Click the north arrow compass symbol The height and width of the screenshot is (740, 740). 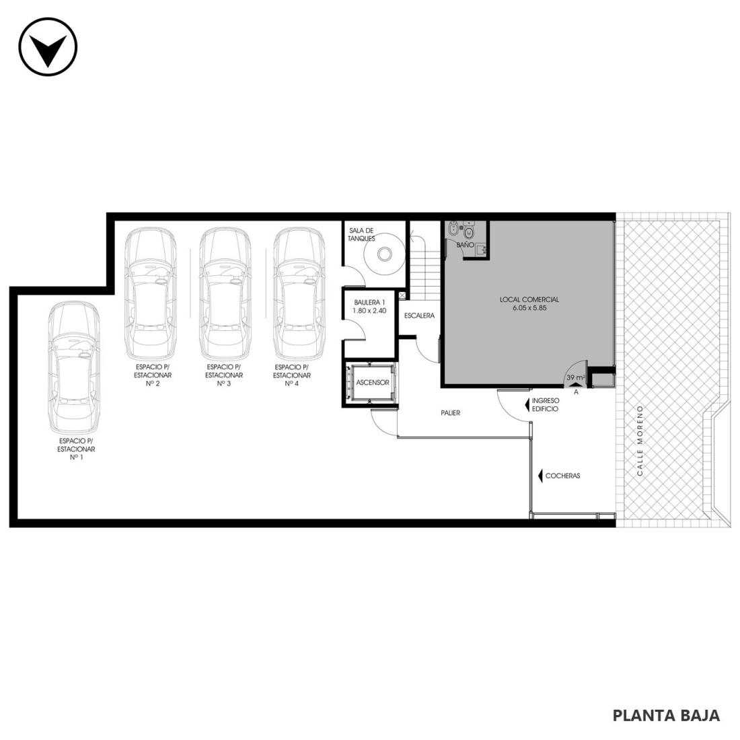[x=48, y=46]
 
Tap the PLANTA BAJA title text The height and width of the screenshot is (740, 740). [x=666, y=716]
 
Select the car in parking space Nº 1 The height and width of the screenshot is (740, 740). [x=74, y=367]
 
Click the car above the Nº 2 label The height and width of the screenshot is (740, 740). [x=150, y=293]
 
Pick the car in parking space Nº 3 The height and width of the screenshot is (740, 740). [x=225, y=293]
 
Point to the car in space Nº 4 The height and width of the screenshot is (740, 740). [x=299, y=293]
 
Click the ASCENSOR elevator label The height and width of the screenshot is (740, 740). [x=373, y=383]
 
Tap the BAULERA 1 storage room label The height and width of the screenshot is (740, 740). [x=369, y=303]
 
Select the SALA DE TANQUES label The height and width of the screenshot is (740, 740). [x=361, y=235]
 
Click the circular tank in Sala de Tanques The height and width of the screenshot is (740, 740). [x=385, y=254]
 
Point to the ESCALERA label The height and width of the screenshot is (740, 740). [x=419, y=316]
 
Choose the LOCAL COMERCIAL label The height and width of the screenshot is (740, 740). [x=529, y=299]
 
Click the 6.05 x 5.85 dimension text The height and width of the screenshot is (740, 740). [x=529, y=308]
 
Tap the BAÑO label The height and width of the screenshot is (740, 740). [x=465, y=246]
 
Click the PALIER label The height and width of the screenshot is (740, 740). [x=450, y=413]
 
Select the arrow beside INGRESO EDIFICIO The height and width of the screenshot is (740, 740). [x=527, y=404]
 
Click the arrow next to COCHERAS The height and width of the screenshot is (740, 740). [x=540, y=476]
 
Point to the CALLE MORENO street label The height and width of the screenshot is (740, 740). [x=640, y=441]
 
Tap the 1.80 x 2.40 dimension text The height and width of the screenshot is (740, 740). [x=369, y=311]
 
